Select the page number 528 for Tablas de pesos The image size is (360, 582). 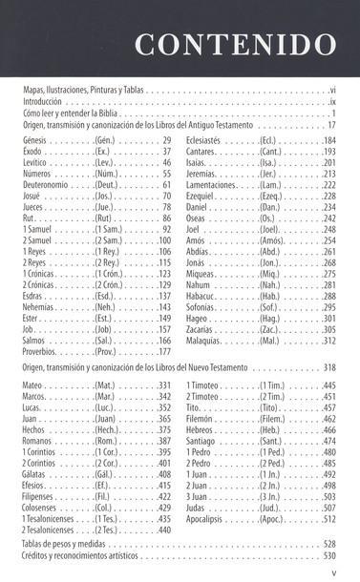[x=329, y=542]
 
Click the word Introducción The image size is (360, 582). [x=43, y=101]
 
